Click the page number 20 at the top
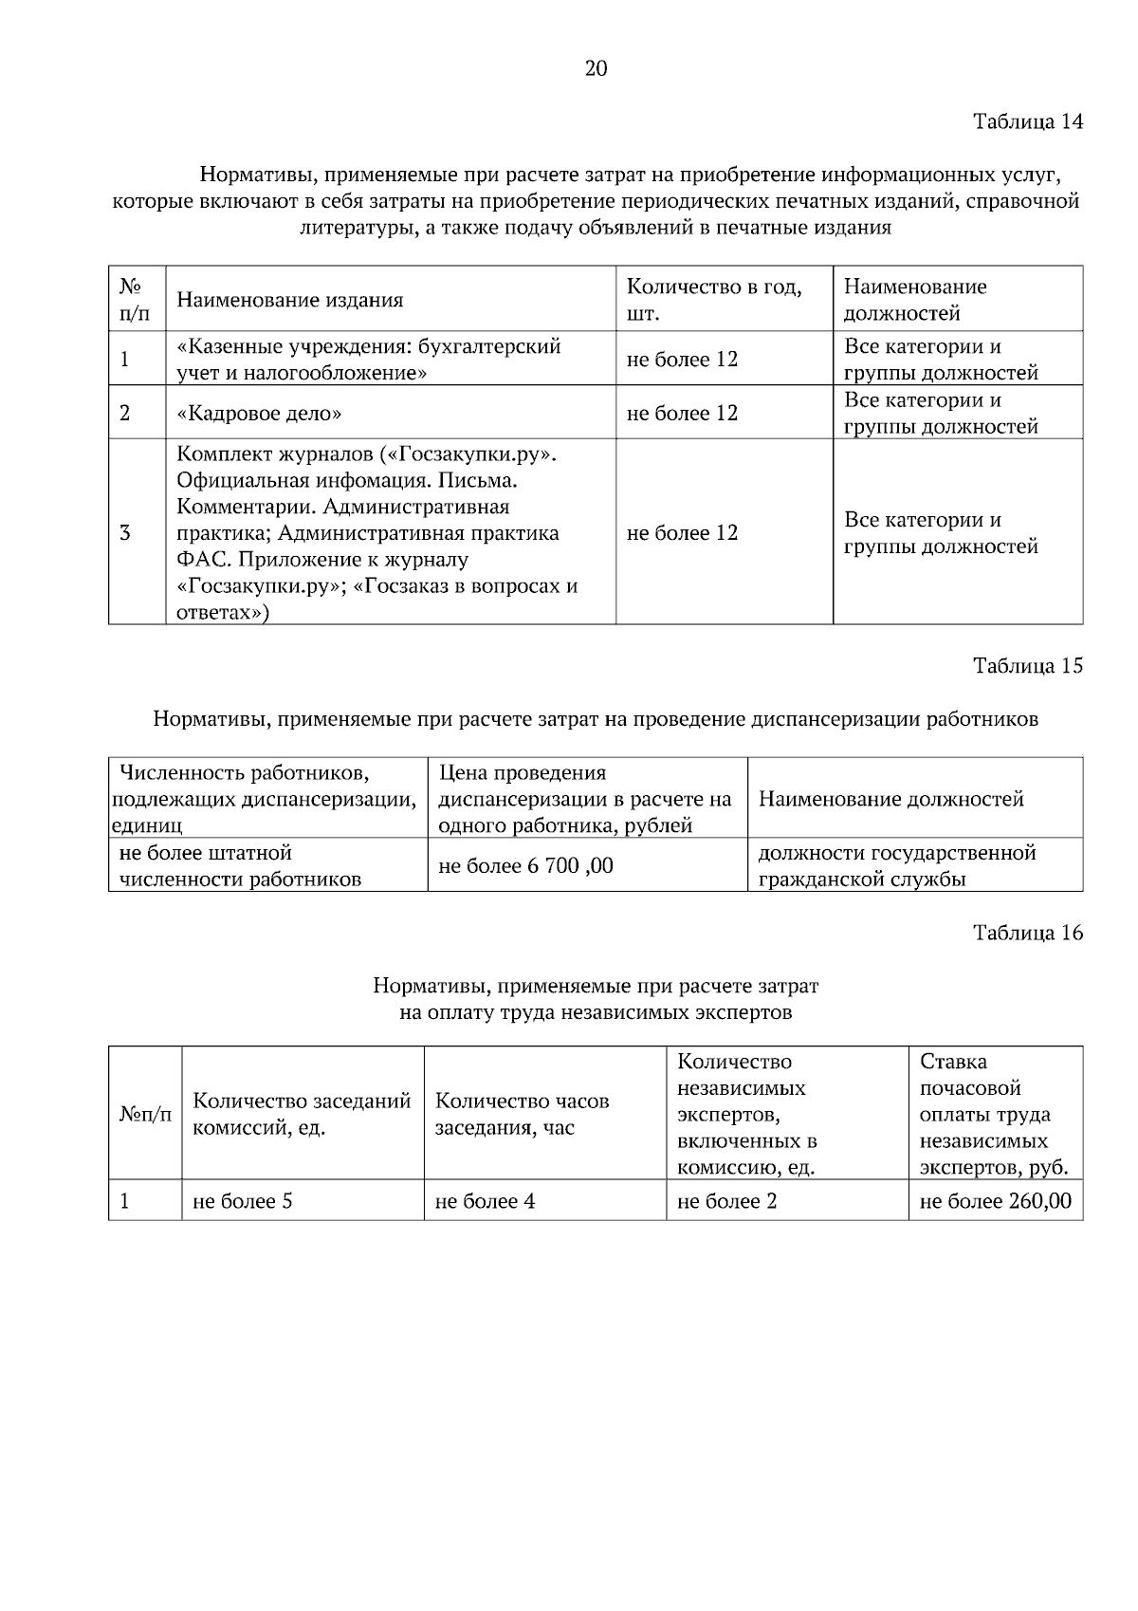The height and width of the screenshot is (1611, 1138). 596,68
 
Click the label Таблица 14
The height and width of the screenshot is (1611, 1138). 1027,121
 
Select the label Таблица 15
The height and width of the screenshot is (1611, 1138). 1027,665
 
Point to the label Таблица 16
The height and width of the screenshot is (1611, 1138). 1027,933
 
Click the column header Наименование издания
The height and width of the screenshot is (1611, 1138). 290,300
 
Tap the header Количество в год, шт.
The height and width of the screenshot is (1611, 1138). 713,299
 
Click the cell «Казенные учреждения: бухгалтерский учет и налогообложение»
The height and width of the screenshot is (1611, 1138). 369,359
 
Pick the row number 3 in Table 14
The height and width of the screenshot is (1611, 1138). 125,532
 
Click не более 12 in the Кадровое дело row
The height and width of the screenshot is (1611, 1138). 682,413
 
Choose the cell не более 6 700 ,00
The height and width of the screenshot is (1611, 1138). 525,865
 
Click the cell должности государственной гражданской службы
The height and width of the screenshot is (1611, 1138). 896,865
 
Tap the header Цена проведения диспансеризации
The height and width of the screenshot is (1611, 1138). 584,798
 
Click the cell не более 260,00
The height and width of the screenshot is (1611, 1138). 995,1201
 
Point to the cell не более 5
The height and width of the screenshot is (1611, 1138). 242,1201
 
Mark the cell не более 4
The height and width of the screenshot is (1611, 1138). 485,1201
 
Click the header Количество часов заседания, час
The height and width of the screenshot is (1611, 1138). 522,1114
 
